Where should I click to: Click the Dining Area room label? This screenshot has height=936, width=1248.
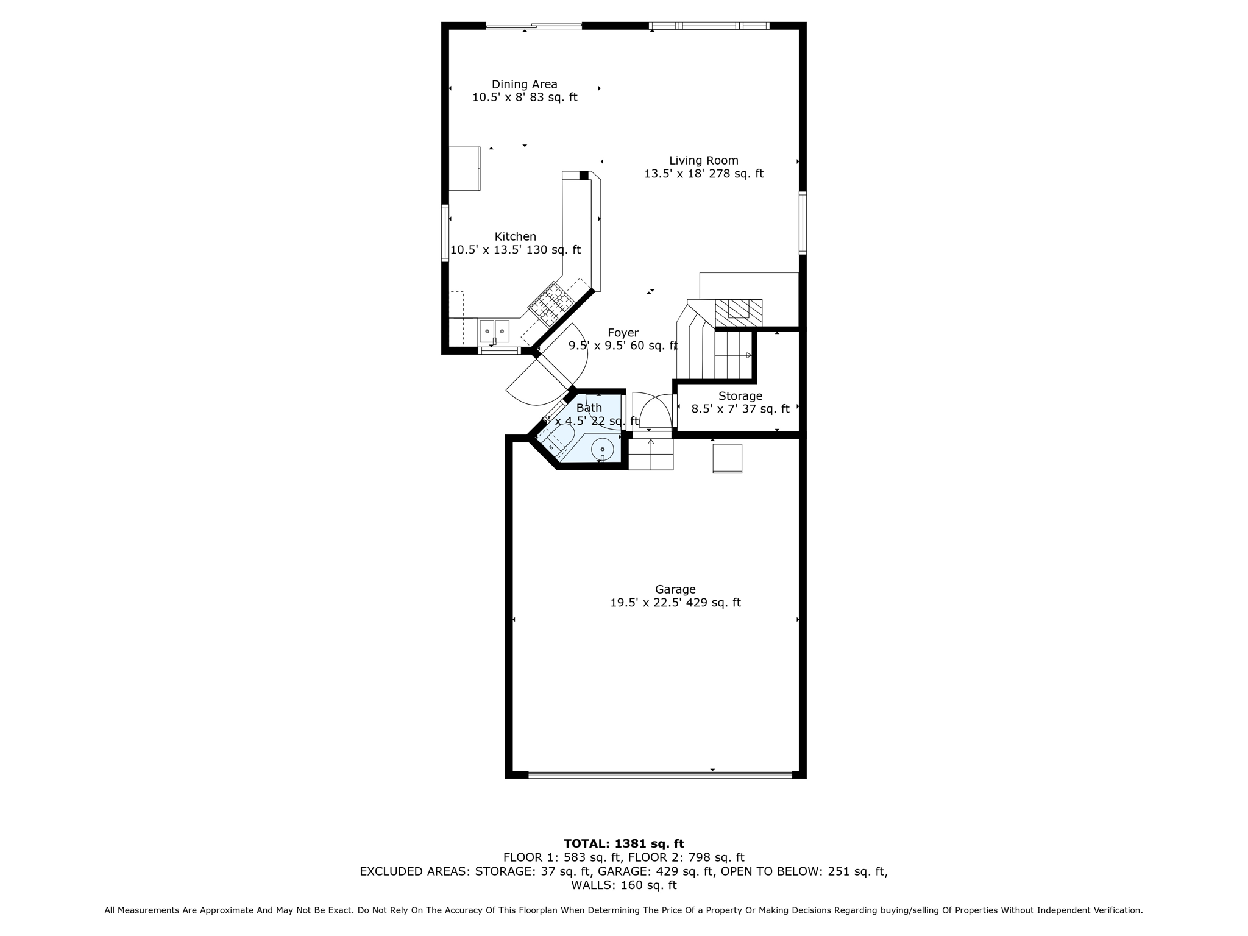(524, 85)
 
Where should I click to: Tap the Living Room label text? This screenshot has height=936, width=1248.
(703, 161)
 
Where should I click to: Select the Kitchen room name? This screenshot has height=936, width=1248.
(515, 236)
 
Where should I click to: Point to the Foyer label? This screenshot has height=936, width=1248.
(623, 333)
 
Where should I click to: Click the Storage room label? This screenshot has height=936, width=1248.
(740, 396)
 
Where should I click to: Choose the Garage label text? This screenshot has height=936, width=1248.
(675, 589)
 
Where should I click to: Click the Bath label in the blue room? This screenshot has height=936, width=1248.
(589, 408)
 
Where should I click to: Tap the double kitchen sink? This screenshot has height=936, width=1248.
(494, 331)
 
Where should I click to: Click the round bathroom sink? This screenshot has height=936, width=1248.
(602, 449)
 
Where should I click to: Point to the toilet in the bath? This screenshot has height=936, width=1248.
(558, 438)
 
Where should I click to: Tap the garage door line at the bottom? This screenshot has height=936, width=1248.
(660, 775)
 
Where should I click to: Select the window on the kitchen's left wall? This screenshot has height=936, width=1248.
(445, 235)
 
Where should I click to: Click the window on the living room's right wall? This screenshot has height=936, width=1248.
(803, 222)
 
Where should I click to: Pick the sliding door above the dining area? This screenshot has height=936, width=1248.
(534, 26)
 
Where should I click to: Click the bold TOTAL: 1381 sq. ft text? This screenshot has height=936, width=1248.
(623, 843)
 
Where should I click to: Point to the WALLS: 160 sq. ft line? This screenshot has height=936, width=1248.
(623, 885)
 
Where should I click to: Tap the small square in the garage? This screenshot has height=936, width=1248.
(727, 458)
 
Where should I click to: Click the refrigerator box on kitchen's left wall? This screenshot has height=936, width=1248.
(464, 168)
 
